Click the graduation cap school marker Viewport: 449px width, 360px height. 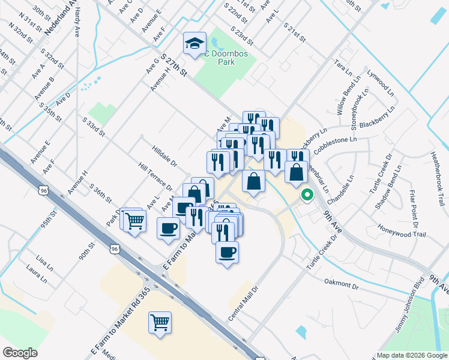tap(194, 43)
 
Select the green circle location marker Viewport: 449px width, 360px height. tap(307, 195)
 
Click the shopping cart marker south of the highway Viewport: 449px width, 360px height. tap(160, 323)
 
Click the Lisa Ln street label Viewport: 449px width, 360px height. tap(45, 261)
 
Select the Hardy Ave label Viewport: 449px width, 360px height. tap(78, 26)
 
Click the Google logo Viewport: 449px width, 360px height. tap(20, 353)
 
